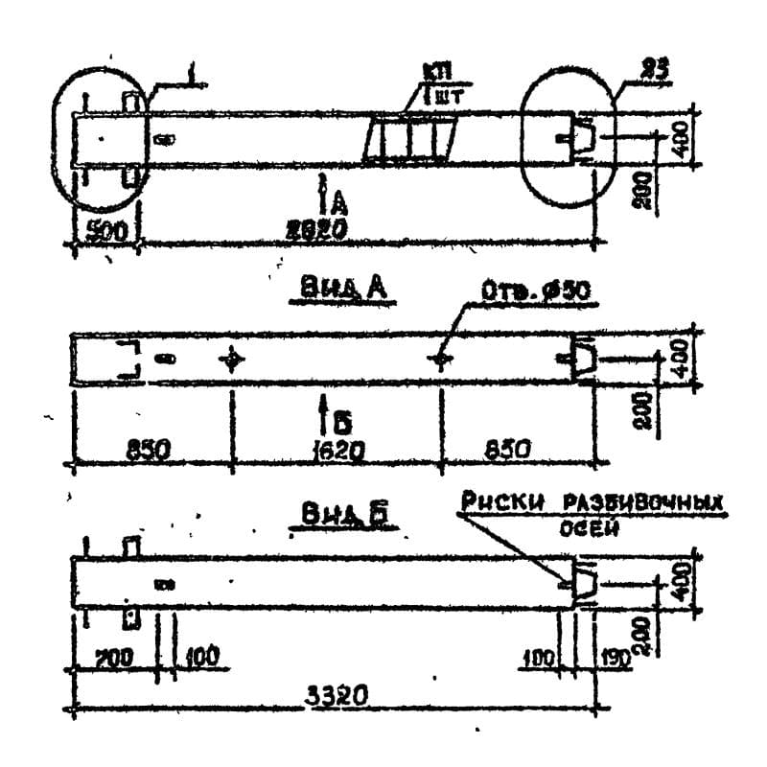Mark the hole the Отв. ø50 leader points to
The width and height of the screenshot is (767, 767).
pos(440,360)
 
